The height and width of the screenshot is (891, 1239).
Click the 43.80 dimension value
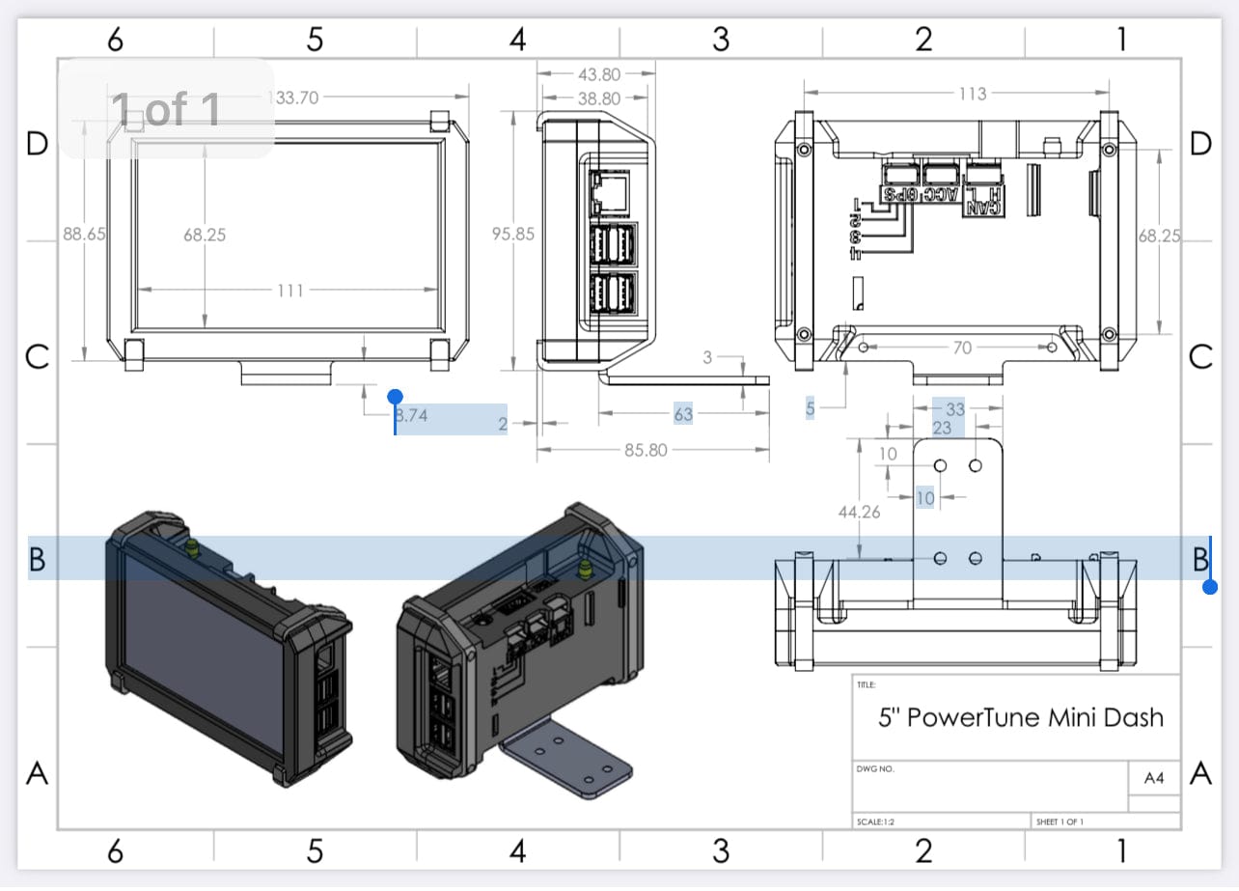click(598, 74)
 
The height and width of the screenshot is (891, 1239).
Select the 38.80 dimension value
click(598, 98)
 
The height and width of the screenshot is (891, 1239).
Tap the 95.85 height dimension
click(512, 235)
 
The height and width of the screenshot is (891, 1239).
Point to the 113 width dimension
click(972, 94)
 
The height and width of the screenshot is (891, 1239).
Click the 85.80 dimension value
click(645, 450)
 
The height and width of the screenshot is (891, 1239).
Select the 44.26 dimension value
click(859, 513)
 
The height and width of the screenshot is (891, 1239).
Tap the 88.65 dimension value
click(84, 235)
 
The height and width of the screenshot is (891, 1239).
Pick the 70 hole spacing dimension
click(961, 348)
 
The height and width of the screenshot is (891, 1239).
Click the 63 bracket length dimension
click(683, 414)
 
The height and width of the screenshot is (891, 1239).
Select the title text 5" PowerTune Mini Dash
click(1021, 717)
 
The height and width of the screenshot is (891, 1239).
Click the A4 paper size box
click(1154, 778)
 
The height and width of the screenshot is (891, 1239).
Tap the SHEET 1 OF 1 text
click(1060, 822)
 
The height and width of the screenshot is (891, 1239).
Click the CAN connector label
click(983, 206)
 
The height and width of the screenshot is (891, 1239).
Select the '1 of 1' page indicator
click(166, 109)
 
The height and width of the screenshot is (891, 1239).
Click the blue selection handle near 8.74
click(395, 397)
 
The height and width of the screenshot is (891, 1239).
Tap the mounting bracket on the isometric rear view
click(569, 763)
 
